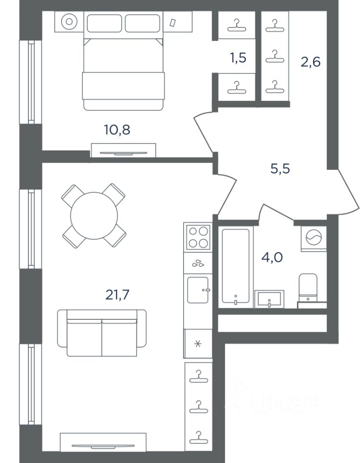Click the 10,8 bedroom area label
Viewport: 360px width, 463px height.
[x=117, y=130]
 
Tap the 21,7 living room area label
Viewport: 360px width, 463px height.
[x=118, y=294]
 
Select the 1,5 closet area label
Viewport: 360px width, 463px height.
[x=238, y=58]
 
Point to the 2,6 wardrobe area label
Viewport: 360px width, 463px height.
[x=310, y=62]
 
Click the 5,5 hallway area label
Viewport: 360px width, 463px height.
[x=280, y=169]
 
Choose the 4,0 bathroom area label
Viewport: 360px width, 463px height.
[x=272, y=258]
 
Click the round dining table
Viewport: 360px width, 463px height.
[x=94, y=216]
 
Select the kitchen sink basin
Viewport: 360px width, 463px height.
[x=198, y=290]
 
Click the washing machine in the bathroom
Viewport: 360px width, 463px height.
[x=314, y=238]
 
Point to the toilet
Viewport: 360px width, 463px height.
[x=308, y=288]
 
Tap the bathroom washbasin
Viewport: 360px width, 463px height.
[x=269, y=299]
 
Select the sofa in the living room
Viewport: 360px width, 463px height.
[x=102, y=333]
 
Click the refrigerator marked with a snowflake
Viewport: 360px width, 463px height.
[x=198, y=344]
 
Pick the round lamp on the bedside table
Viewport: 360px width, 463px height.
[x=69, y=22]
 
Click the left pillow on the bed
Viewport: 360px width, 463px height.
[x=104, y=23]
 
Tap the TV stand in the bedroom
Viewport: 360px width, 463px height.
[x=123, y=150]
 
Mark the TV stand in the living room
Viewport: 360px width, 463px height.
[x=103, y=442]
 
